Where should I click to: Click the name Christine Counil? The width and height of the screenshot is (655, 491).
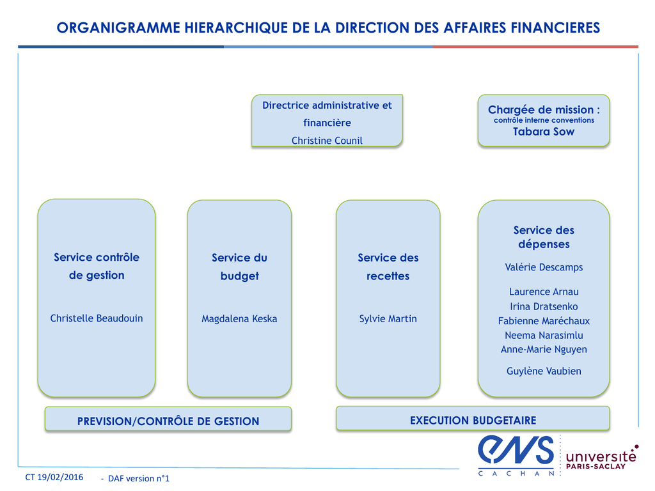point(327,140)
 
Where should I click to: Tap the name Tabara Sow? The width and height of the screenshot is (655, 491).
point(544,132)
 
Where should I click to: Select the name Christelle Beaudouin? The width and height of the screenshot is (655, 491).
point(97,318)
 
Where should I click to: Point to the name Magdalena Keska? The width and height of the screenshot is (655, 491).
point(239,319)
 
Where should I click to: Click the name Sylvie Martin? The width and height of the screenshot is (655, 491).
point(388,319)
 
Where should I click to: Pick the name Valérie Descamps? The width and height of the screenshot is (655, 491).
point(544,267)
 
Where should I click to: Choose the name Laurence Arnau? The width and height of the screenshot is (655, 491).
point(544,292)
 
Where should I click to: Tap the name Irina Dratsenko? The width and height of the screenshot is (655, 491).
point(544,306)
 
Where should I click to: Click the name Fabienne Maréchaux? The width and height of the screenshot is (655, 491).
point(544,321)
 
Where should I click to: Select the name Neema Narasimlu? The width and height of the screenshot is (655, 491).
point(544,335)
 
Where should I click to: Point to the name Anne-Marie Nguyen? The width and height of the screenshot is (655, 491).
point(544,350)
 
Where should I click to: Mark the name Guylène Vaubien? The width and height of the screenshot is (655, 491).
point(544,371)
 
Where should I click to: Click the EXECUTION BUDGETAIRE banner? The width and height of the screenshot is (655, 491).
point(473,418)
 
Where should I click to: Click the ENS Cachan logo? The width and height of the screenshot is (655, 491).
point(516,455)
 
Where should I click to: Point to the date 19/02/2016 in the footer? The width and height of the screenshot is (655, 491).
point(60,477)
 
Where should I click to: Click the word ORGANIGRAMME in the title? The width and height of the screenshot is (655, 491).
point(118,27)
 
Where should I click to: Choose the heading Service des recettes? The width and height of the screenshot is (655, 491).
point(388,267)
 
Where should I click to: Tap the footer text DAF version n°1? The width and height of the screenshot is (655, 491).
point(139,478)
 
